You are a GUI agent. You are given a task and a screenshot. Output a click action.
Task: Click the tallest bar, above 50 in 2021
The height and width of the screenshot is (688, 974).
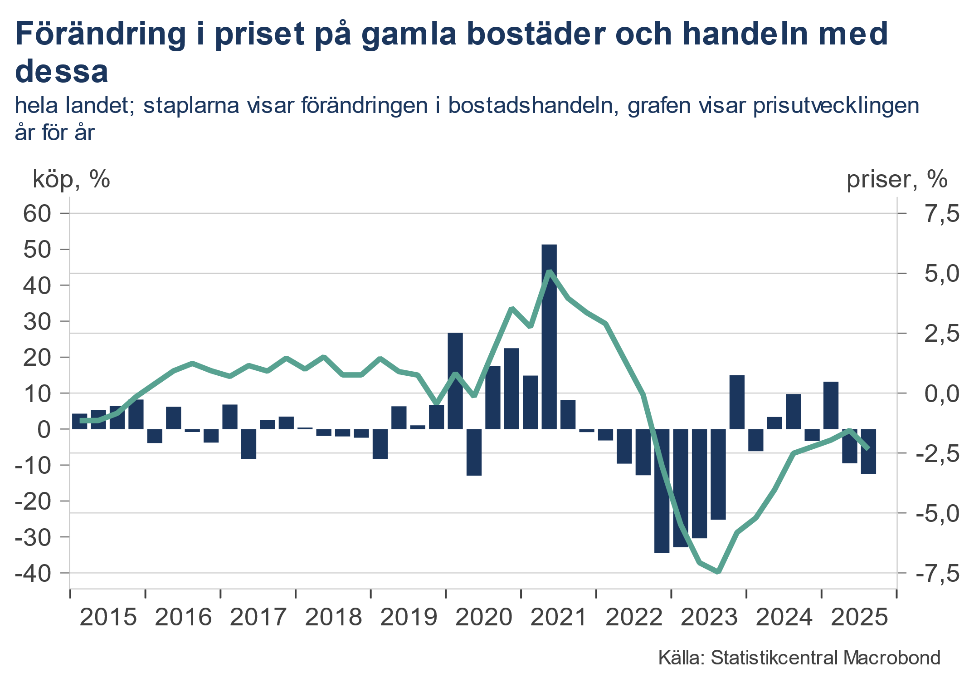pyautogui.click(x=549, y=336)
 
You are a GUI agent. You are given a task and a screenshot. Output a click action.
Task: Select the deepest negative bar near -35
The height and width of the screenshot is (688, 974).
pyautogui.click(x=662, y=490)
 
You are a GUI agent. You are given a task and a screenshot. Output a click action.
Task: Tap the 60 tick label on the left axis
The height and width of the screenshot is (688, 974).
pyautogui.click(x=37, y=214)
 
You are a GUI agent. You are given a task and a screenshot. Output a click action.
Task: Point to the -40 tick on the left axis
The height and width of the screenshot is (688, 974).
pyautogui.click(x=34, y=573)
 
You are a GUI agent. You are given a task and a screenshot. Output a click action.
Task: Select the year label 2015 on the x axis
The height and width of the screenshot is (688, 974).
pyautogui.click(x=108, y=617)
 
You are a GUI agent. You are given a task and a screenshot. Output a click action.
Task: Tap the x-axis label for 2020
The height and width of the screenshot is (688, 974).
pyautogui.click(x=483, y=617)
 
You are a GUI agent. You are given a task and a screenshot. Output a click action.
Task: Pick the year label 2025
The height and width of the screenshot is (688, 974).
pyautogui.click(x=859, y=617)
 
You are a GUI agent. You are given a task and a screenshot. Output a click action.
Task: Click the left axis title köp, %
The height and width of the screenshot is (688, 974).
pyautogui.click(x=71, y=179)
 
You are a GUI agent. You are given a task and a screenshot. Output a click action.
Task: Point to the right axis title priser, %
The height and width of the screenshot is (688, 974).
pyautogui.click(x=896, y=179)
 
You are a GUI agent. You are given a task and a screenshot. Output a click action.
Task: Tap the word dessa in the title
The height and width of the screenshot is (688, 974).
pyautogui.click(x=62, y=72)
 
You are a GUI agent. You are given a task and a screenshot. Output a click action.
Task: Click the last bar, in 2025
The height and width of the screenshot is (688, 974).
pyautogui.click(x=868, y=451)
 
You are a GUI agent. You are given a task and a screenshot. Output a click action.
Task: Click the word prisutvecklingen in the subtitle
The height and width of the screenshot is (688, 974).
pyautogui.click(x=836, y=105)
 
